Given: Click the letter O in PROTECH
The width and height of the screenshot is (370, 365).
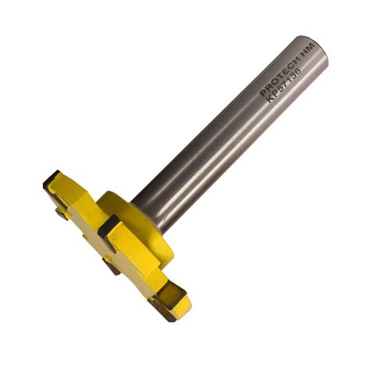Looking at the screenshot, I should pos(272,83).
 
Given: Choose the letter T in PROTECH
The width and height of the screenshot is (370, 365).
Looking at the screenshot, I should pos(276,79).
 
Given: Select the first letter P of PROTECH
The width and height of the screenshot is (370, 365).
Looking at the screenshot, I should pos(263,93).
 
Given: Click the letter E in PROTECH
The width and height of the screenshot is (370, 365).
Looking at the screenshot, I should pos(281,74).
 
